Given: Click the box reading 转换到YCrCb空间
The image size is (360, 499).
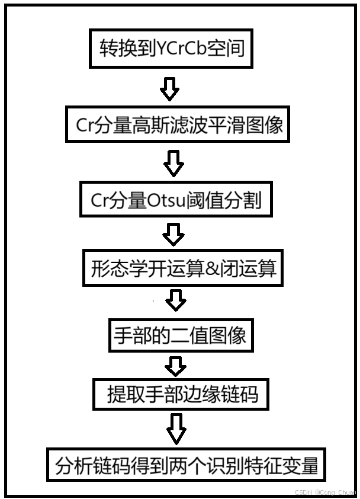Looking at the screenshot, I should [x=172, y=48].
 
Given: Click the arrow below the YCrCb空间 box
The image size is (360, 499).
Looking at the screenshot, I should [x=170, y=88].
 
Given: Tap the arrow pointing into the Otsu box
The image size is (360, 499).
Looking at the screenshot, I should [x=173, y=162].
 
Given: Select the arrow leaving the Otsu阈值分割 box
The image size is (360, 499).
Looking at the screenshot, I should [x=173, y=235].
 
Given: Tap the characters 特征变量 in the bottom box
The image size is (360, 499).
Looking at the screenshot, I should [x=281, y=466].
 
